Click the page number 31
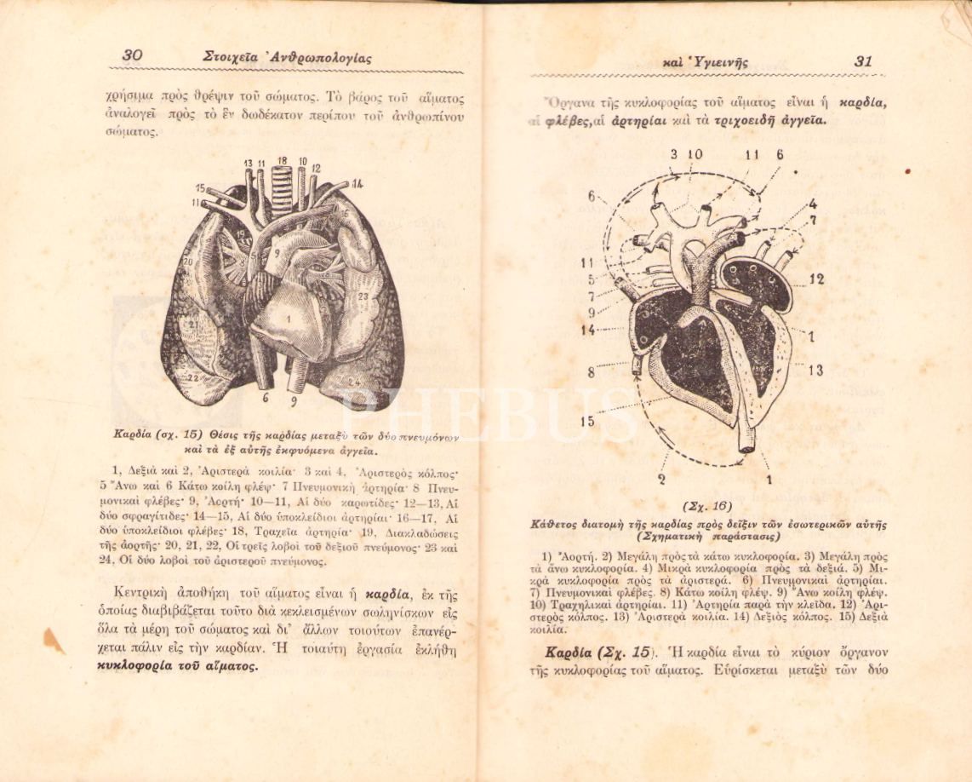click(x=863, y=61)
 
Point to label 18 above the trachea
click(x=282, y=160)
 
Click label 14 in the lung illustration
click(x=357, y=183)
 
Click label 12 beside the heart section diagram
click(x=816, y=279)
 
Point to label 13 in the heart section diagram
click(x=815, y=370)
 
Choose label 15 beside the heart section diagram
click(x=587, y=421)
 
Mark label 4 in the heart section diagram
click(x=813, y=204)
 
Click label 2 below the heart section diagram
click(x=662, y=479)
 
